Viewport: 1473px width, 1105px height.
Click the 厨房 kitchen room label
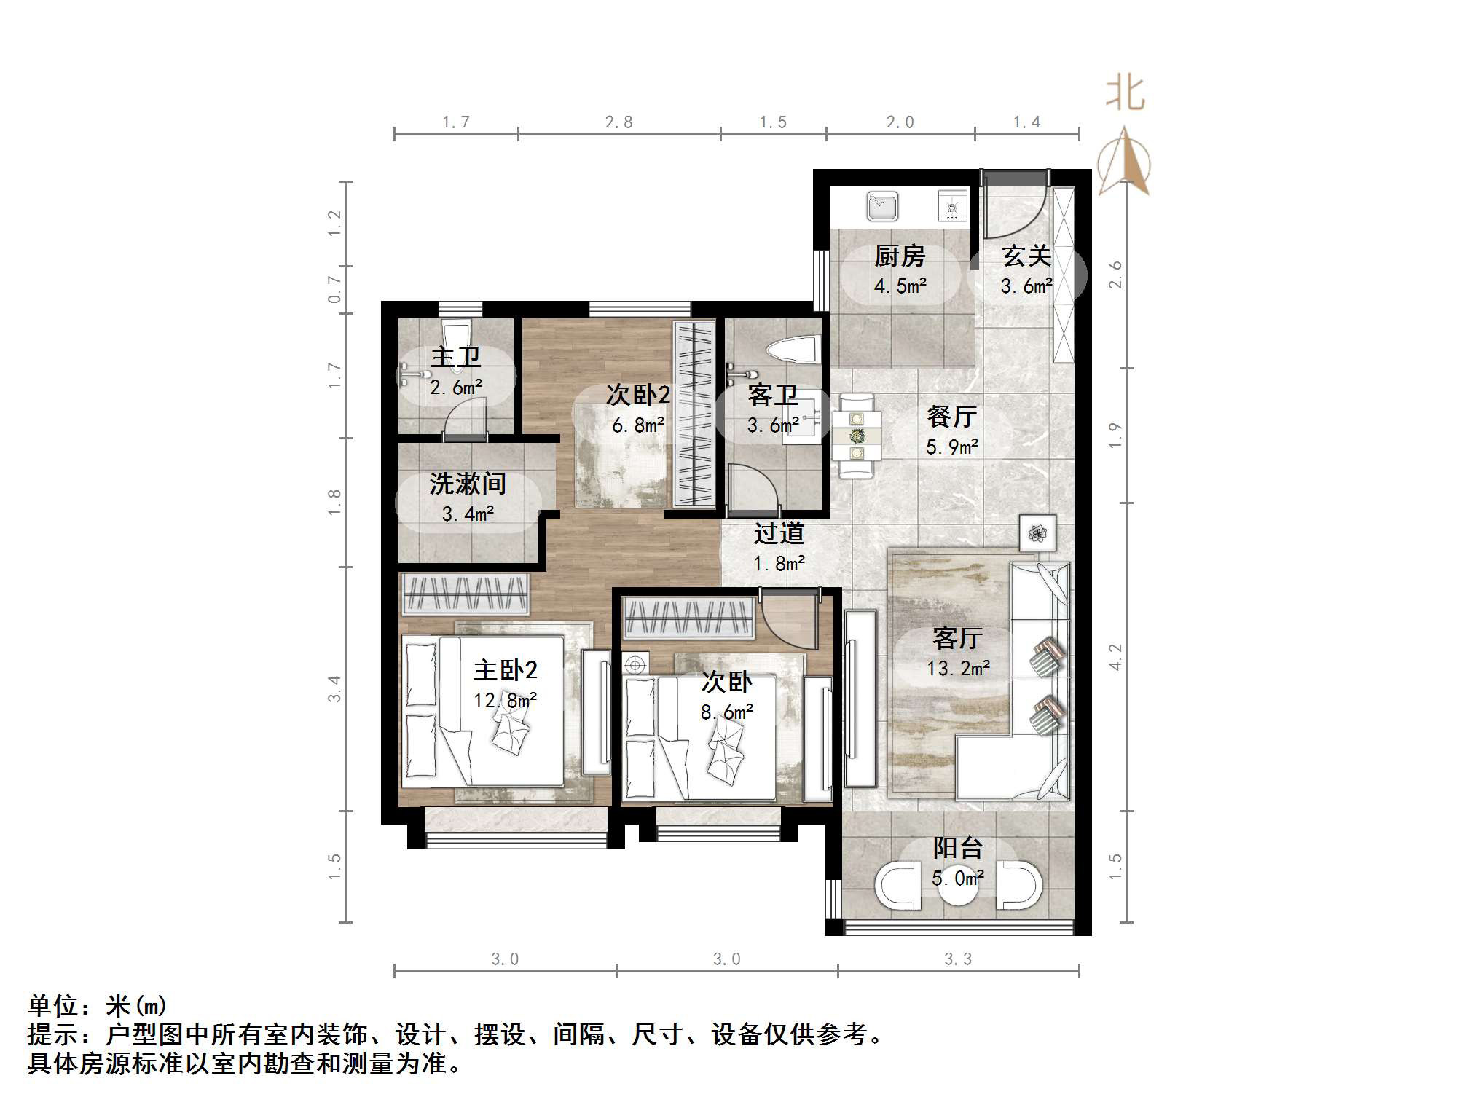click(900, 256)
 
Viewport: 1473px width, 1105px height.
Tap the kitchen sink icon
click(882, 207)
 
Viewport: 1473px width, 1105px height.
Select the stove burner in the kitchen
click(951, 207)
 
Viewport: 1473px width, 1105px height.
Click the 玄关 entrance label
click(1026, 256)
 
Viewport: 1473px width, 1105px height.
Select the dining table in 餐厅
click(856, 436)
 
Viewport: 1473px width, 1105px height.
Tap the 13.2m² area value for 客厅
click(957, 669)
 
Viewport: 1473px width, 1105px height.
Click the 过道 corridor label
click(779, 534)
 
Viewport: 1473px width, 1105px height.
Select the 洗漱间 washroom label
click(467, 484)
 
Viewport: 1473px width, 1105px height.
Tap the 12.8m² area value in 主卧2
click(505, 701)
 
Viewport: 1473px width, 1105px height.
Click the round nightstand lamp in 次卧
click(636, 664)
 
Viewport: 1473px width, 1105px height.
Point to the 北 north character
click(1125, 95)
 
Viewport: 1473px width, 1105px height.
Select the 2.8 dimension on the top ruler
click(618, 122)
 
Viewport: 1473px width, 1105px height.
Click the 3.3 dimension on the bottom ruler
click(957, 959)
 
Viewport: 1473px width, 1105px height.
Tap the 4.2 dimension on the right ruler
click(1115, 657)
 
